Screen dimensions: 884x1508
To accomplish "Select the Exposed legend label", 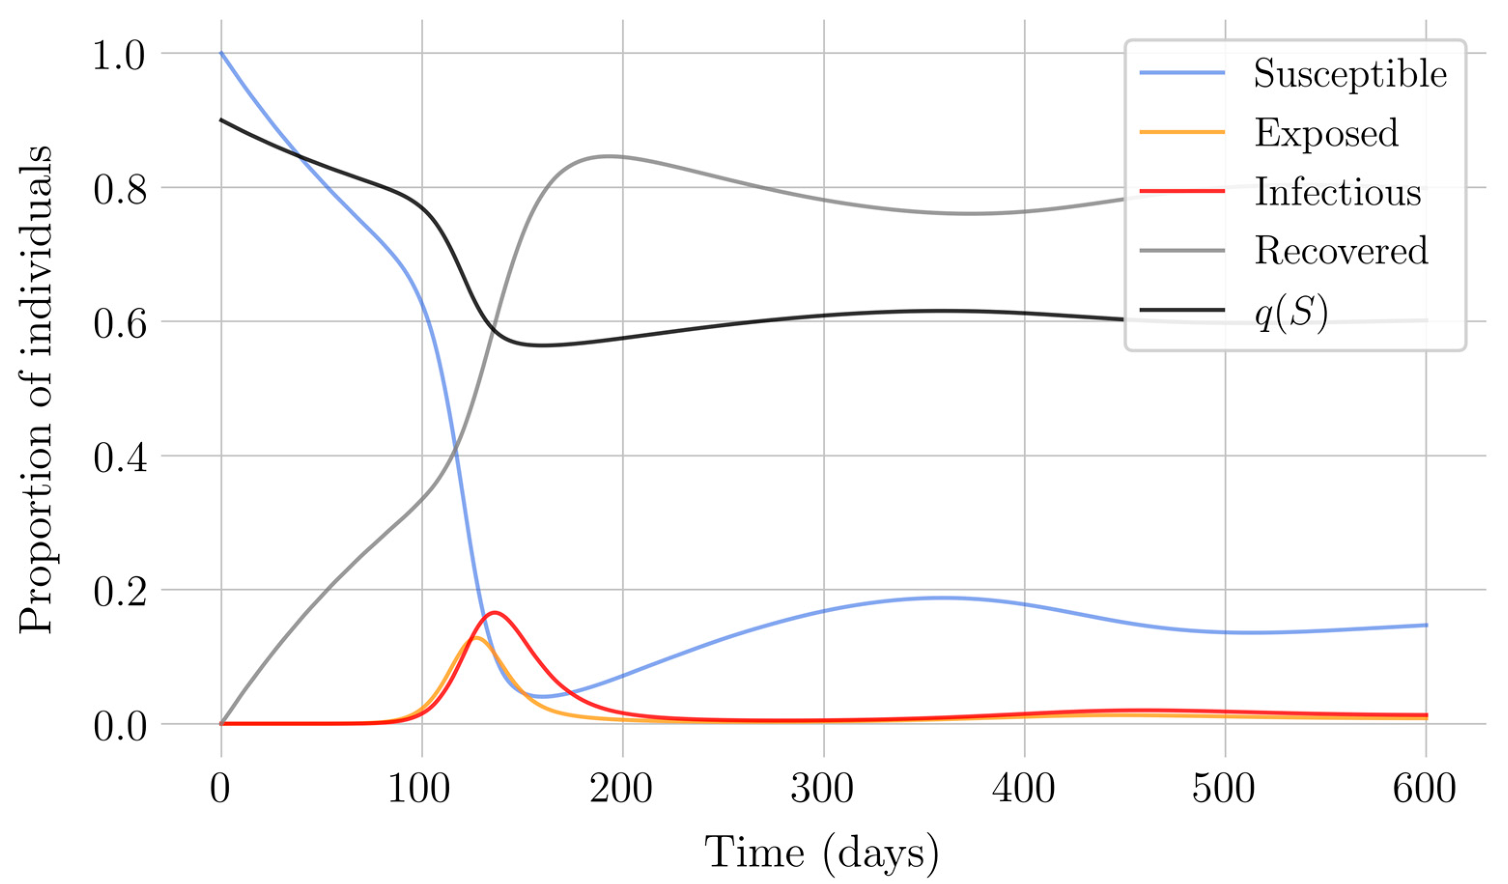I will tap(1325, 133).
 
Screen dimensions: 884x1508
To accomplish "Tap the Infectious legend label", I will tap(1337, 192).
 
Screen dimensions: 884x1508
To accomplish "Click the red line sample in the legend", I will tap(1182, 191).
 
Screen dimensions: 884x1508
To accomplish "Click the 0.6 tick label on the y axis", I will tap(120, 325).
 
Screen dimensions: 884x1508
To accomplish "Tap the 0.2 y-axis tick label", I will tap(120, 593).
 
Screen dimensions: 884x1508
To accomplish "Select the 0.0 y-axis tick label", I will tap(120, 728).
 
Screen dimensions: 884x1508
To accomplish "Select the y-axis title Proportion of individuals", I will tap(36, 389).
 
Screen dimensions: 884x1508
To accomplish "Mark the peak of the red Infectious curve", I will tap(495, 612).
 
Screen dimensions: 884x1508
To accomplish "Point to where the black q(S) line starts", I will tap(222, 120).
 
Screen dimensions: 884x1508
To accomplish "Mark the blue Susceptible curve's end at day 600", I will tap(1426, 625).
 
